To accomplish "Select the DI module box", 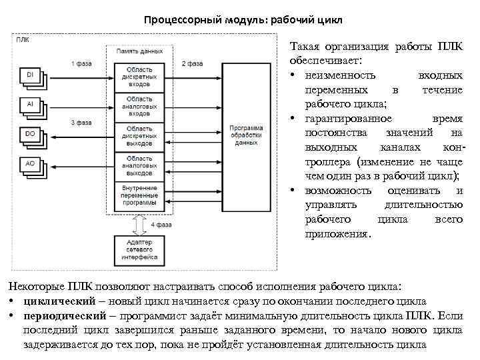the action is click(x=30, y=75).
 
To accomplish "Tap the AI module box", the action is click(x=30, y=105).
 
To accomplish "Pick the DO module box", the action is click(x=30, y=134).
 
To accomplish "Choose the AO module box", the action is click(x=30, y=163).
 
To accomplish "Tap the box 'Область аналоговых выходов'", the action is click(x=139, y=163).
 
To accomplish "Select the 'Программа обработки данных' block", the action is click(x=246, y=135).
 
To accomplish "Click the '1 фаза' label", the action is click(x=81, y=63).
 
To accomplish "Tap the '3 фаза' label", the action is click(x=81, y=123).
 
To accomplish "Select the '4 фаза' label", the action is click(x=162, y=225).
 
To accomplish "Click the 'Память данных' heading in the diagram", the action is click(x=139, y=51).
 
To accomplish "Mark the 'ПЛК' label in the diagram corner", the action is click(x=23, y=39).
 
